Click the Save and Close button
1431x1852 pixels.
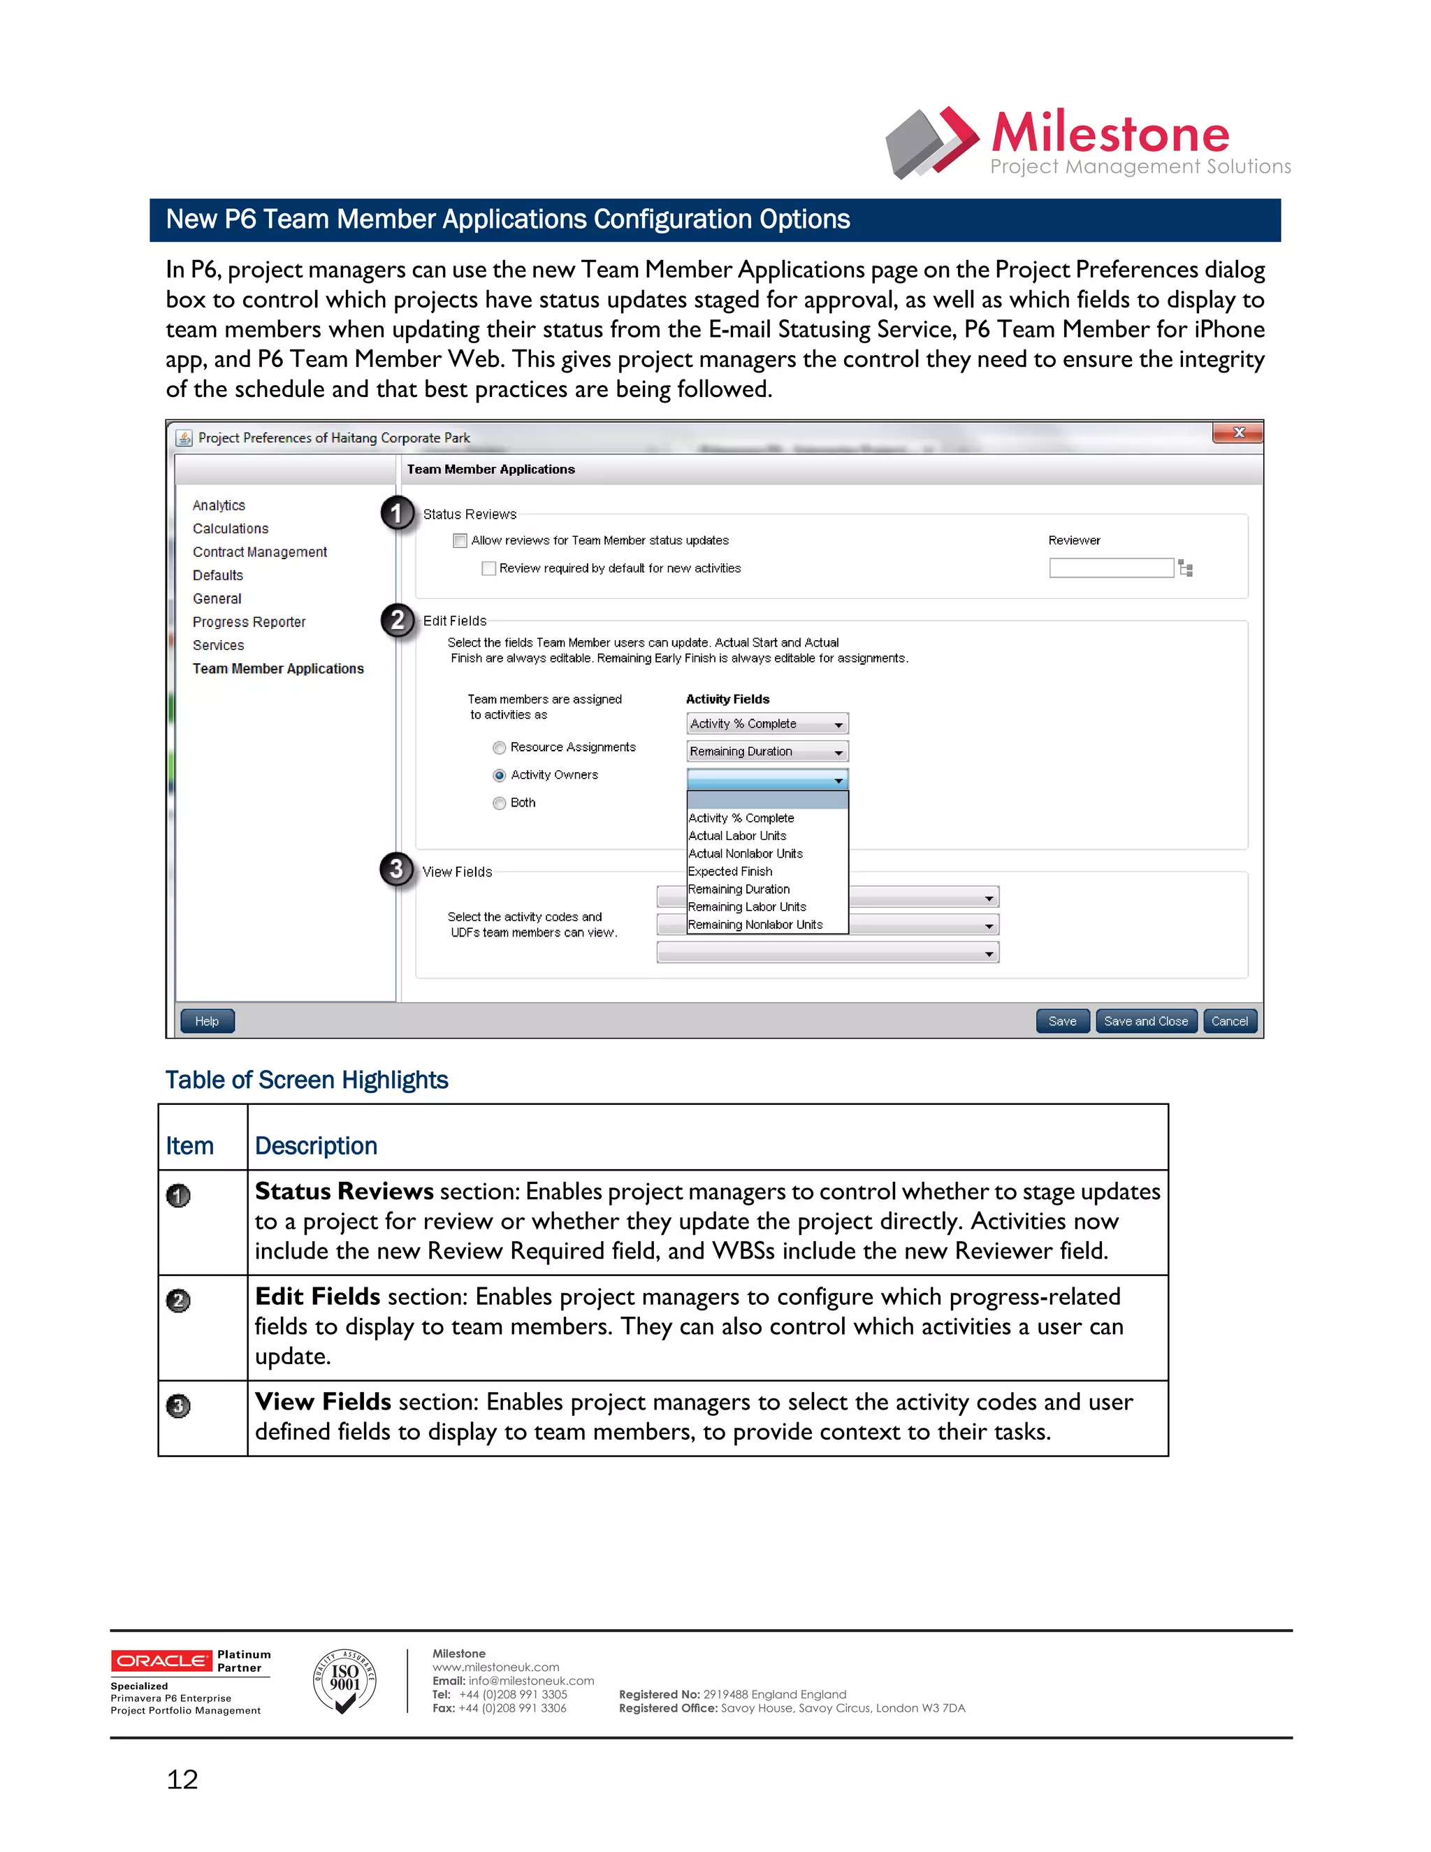coord(1146,1021)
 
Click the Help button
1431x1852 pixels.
coord(207,1021)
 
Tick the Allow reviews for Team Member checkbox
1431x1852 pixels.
coord(460,540)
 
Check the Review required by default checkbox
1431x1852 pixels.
coord(488,568)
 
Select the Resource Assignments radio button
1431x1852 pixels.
coord(500,747)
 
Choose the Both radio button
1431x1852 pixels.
coord(500,803)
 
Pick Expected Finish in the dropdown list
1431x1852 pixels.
coord(730,871)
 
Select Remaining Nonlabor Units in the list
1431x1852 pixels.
coord(755,925)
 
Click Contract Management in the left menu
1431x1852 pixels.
coord(259,552)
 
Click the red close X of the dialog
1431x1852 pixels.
coord(1237,433)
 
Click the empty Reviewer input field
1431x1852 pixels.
coord(1110,568)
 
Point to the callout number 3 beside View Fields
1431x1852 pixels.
coord(396,869)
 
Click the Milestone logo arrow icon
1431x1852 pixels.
coord(933,143)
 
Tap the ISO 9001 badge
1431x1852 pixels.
coord(344,1681)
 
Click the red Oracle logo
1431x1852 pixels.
coord(161,1661)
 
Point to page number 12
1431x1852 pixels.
coord(182,1779)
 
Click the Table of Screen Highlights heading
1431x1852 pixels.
coord(306,1080)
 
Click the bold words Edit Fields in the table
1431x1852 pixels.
coord(317,1296)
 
